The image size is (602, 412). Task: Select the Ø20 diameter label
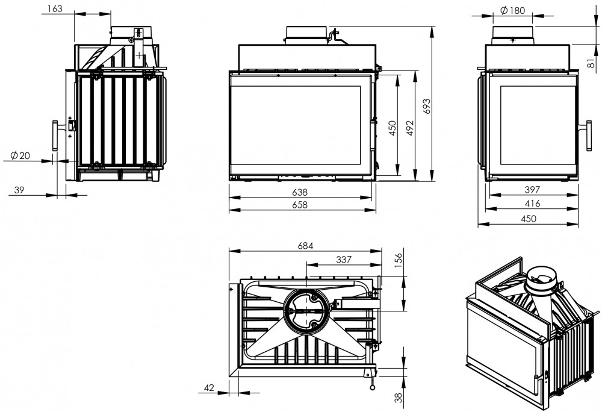(x=20, y=155)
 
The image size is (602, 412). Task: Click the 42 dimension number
(x=210, y=389)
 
